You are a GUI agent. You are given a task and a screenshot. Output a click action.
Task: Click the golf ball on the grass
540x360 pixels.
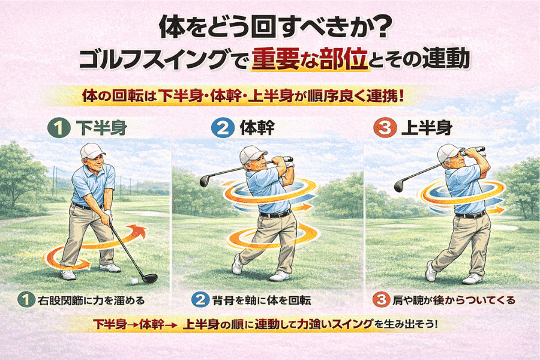(x=134, y=281)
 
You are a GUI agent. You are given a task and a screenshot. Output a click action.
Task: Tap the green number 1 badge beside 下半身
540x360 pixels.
(x=59, y=128)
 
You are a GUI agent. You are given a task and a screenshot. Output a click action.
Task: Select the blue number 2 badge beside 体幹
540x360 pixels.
(x=223, y=128)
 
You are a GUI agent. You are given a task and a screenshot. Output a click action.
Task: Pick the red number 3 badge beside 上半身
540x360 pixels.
(x=385, y=128)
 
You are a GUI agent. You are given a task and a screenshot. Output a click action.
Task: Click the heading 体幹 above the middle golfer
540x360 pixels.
(x=257, y=128)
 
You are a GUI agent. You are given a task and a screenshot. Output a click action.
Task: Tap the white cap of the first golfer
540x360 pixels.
(x=92, y=151)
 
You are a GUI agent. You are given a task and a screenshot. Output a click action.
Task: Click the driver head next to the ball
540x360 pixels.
(x=150, y=278)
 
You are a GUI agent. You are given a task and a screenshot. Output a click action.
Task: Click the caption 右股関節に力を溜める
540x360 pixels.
(x=91, y=301)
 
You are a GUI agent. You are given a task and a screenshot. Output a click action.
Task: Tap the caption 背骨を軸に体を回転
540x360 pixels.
(x=262, y=301)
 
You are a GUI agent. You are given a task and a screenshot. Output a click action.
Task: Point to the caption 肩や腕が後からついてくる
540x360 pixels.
(x=454, y=300)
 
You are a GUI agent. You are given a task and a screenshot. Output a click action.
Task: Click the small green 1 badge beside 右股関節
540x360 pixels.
(x=26, y=300)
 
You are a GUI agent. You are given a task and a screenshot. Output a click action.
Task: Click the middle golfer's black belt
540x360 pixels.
(x=275, y=214)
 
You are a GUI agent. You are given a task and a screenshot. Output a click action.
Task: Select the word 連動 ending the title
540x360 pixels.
(x=446, y=58)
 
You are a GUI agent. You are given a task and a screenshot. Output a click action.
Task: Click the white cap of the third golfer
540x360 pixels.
(x=450, y=152)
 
